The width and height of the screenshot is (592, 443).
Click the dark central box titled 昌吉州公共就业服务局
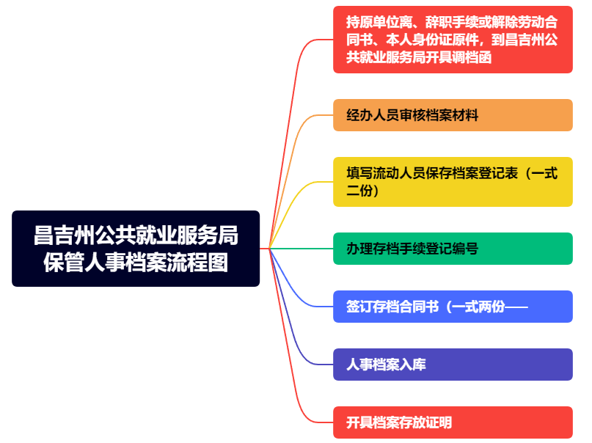[x=136, y=249]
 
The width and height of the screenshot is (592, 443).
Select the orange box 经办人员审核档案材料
[x=453, y=115]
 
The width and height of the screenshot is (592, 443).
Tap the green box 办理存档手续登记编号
[x=453, y=249]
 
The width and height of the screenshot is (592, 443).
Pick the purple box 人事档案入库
[x=453, y=365]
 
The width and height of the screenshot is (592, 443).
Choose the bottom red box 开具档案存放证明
[x=453, y=422]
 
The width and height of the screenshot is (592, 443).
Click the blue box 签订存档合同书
[x=453, y=307]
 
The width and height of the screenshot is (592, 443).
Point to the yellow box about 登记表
[x=453, y=182]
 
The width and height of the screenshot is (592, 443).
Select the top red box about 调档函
[x=453, y=40]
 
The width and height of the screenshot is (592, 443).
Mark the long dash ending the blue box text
[x=516, y=307]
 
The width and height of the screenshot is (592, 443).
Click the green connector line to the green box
[x=302, y=249]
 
